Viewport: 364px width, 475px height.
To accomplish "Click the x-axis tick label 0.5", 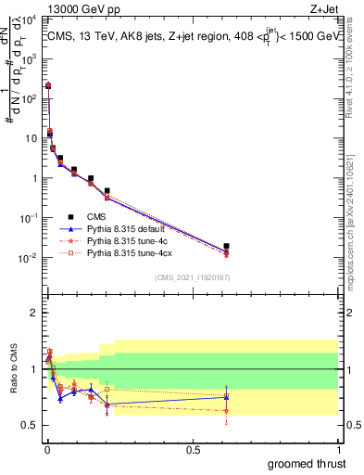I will pyautogui.click(x=192, y=449).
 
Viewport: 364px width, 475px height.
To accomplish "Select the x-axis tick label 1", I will pyautogui.click(x=338, y=449).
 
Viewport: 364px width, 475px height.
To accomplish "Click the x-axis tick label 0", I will pyautogui.click(x=46, y=449).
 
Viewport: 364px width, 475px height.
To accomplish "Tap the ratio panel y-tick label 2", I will pyautogui.click(x=33, y=313).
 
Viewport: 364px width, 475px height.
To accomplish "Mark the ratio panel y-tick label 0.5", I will pyautogui.click(x=30, y=425).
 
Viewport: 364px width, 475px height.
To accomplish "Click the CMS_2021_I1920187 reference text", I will pyautogui.click(x=191, y=278).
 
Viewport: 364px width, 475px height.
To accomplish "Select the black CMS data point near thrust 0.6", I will pyautogui.click(x=226, y=247).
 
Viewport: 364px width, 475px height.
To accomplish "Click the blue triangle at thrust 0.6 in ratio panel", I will pyautogui.click(x=226, y=397).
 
